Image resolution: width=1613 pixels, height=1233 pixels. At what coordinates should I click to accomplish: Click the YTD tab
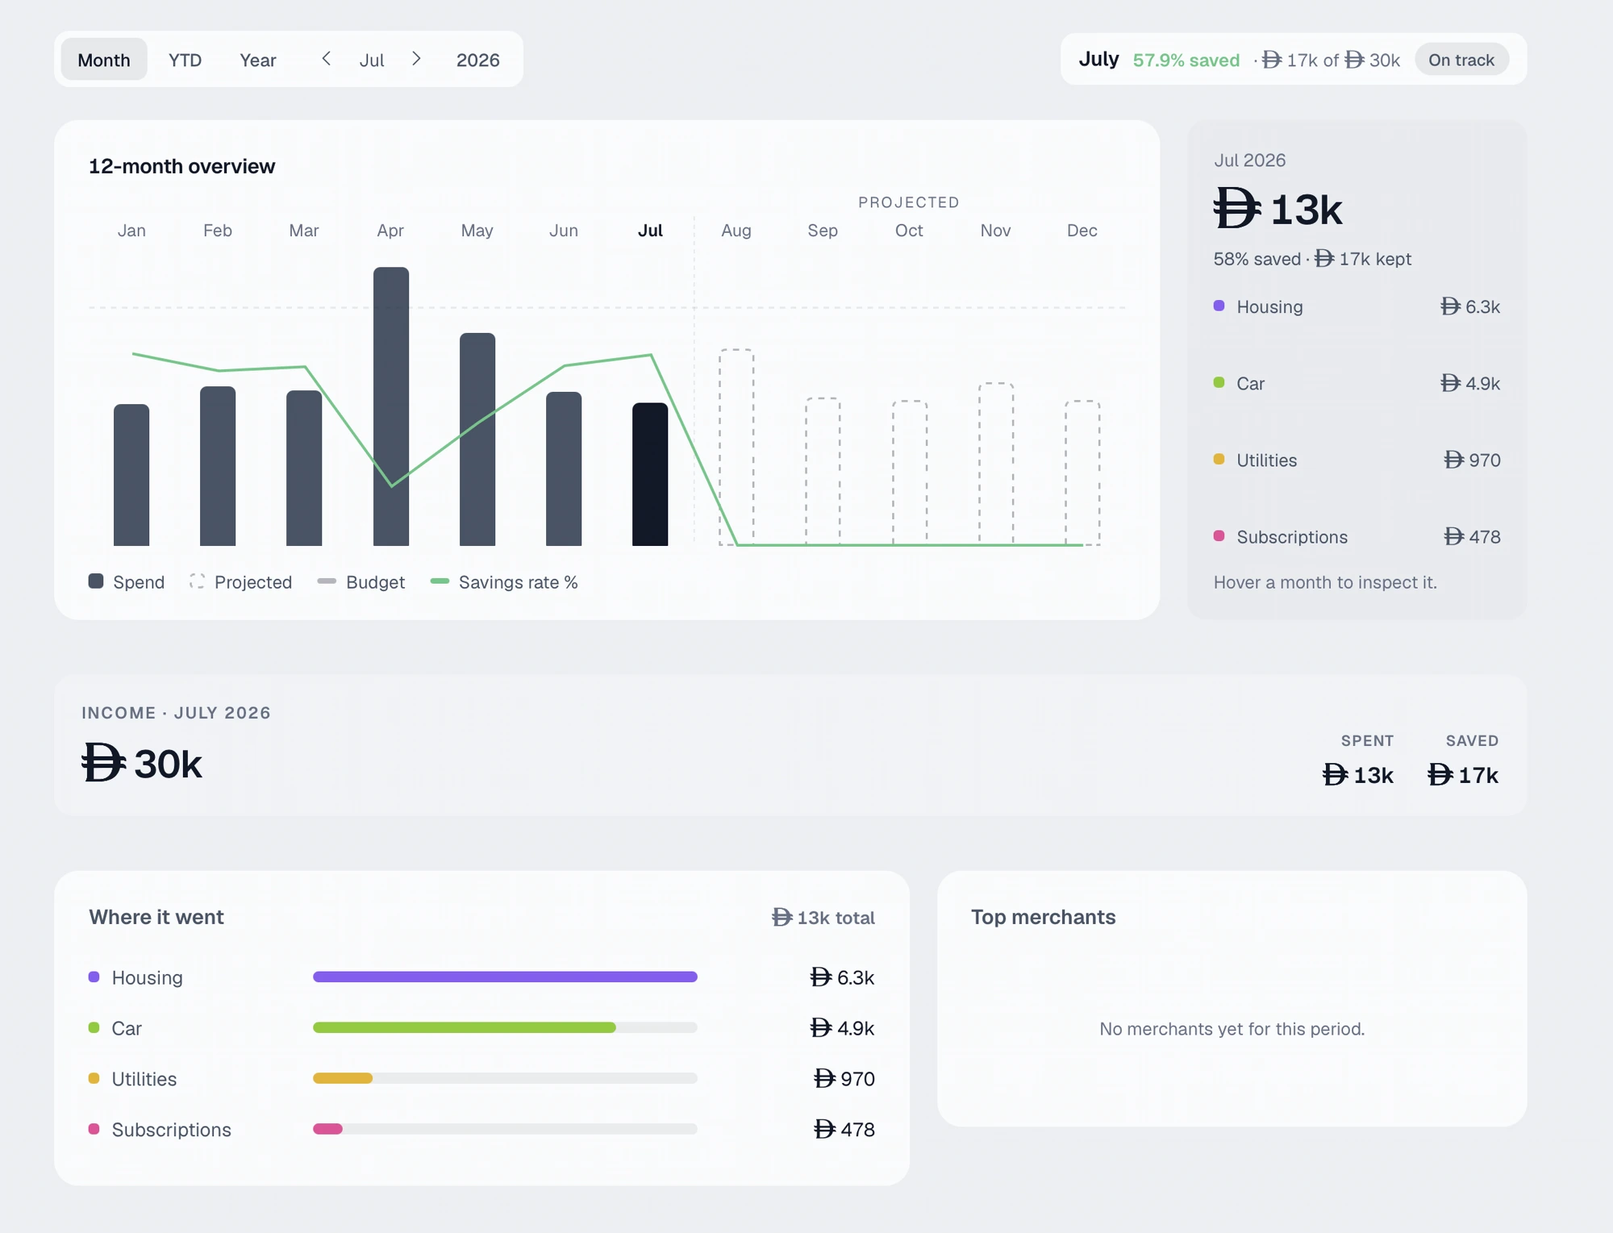[x=185, y=60]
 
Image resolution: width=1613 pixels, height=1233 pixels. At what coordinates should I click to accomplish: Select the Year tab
[x=257, y=60]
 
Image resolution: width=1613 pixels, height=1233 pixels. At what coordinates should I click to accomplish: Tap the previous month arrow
[x=326, y=59]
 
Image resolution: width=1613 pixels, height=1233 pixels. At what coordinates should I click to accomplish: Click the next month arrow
[x=416, y=59]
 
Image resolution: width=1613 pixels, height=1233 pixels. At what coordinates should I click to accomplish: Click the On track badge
[x=1461, y=60]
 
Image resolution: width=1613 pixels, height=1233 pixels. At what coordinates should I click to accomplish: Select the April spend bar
[x=391, y=406]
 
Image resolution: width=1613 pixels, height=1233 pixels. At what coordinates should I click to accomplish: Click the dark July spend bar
[x=650, y=474]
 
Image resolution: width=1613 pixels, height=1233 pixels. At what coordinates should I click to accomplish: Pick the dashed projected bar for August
[x=736, y=448]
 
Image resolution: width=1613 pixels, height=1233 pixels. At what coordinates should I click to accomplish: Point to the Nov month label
[x=995, y=231]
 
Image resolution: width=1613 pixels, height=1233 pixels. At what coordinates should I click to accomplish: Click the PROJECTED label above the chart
[x=909, y=202]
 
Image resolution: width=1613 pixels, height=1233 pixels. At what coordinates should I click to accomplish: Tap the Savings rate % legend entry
[x=504, y=582]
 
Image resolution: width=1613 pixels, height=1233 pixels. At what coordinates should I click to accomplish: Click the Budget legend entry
[x=361, y=582]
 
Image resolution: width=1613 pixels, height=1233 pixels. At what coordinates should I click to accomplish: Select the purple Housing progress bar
[x=505, y=977]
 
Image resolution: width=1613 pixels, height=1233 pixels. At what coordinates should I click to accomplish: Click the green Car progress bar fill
[x=465, y=1027]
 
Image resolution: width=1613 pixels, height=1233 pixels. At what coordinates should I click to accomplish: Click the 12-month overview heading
[x=182, y=166]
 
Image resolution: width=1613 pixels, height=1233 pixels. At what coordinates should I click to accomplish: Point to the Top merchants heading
[x=1043, y=917]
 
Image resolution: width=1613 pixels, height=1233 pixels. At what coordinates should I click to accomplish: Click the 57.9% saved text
[x=1186, y=60]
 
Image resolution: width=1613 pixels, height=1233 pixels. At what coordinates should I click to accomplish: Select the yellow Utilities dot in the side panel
[x=1219, y=460]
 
